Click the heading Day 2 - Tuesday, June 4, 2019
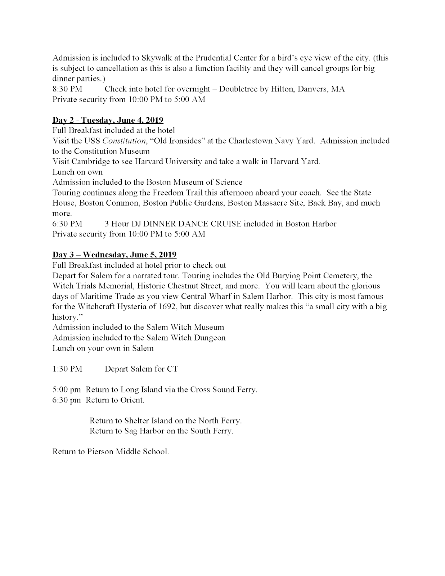tap(108, 120)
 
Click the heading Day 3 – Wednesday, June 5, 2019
tap(114, 255)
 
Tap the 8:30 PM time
tap(67, 89)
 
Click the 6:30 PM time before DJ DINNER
tap(67, 224)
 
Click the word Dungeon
tap(210, 338)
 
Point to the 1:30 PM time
tap(67, 369)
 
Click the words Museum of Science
tap(214, 182)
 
